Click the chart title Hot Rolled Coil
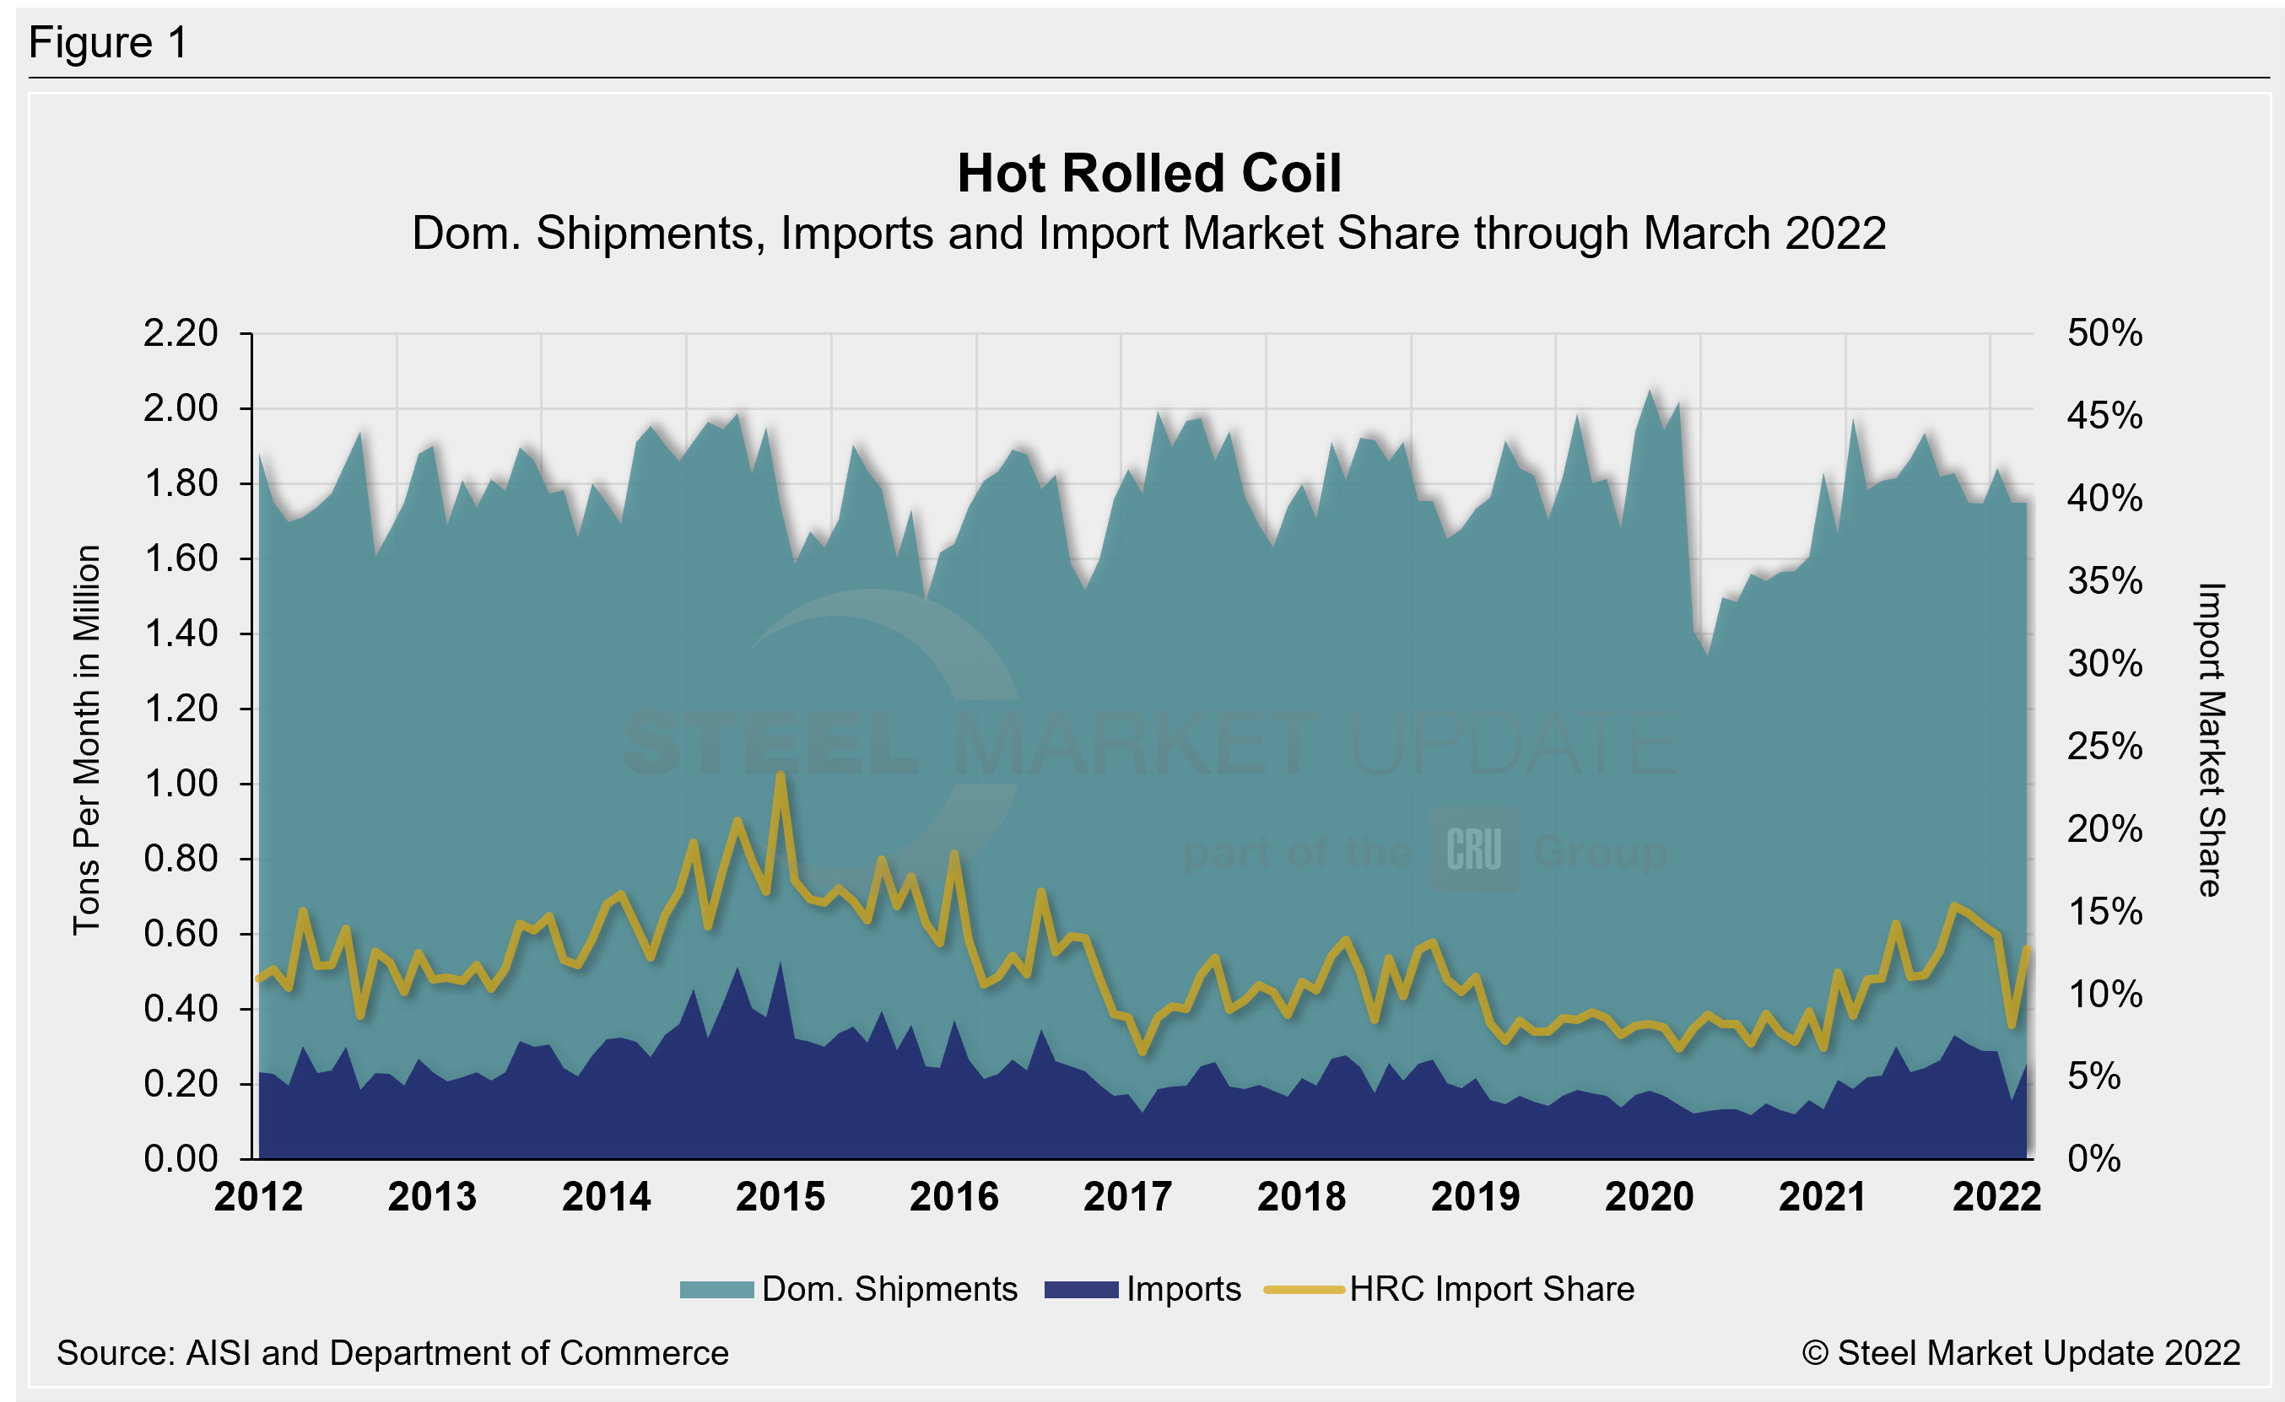coord(1148,174)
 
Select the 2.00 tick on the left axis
coord(180,408)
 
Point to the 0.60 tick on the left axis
coord(180,934)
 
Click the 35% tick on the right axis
coord(2104,581)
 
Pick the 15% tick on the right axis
coord(2104,912)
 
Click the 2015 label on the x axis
coord(780,1197)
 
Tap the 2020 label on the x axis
coord(1649,1197)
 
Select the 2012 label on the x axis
coord(258,1197)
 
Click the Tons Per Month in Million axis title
coord(86,740)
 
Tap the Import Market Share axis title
coord(2211,740)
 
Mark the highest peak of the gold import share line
coord(781,775)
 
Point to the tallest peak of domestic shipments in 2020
coord(1650,391)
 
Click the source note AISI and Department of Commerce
coord(392,1353)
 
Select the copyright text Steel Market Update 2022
coord(2021,1353)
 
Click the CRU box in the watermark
coord(1473,849)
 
